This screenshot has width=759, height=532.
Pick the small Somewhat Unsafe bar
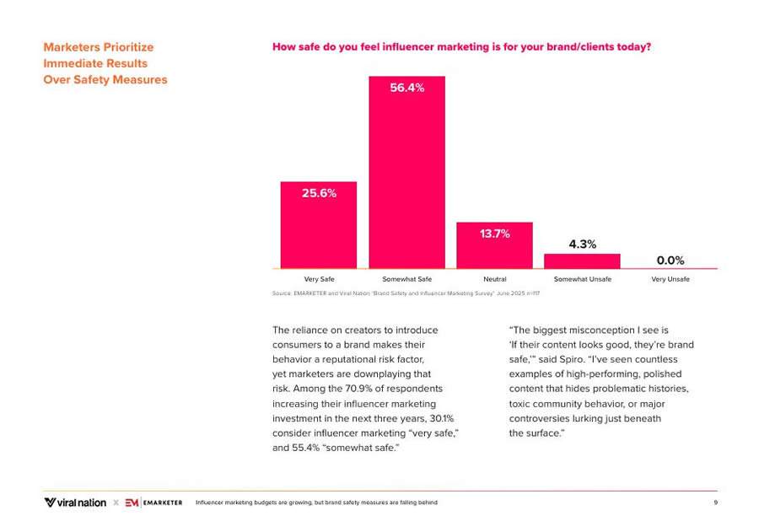pyautogui.click(x=582, y=261)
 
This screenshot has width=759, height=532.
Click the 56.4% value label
pyautogui.click(x=406, y=88)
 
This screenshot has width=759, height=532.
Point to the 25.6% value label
pyautogui.click(x=319, y=193)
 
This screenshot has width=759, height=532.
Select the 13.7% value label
pyautogui.click(x=495, y=234)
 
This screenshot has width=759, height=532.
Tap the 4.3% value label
pyautogui.click(x=582, y=244)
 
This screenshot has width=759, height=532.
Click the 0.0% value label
pyautogui.click(x=670, y=261)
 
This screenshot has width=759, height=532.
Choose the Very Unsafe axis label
pyautogui.click(x=670, y=279)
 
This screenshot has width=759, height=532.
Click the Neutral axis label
pyautogui.click(x=494, y=279)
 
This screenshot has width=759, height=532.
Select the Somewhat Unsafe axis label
pyautogui.click(x=582, y=279)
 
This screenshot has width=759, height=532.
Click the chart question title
pyautogui.click(x=461, y=47)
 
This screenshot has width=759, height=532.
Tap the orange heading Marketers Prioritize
pyautogui.click(x=99, y=47)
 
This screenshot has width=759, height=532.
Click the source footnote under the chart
pyautogui.click(x=406, y=293)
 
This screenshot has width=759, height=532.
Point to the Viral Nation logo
pyautogui.click(x=75, y=502)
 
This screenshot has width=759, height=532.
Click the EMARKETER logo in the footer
pyautogui.click(x=153, y=502)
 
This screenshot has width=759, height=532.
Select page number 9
pyautogui.click(x=714, y=502)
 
